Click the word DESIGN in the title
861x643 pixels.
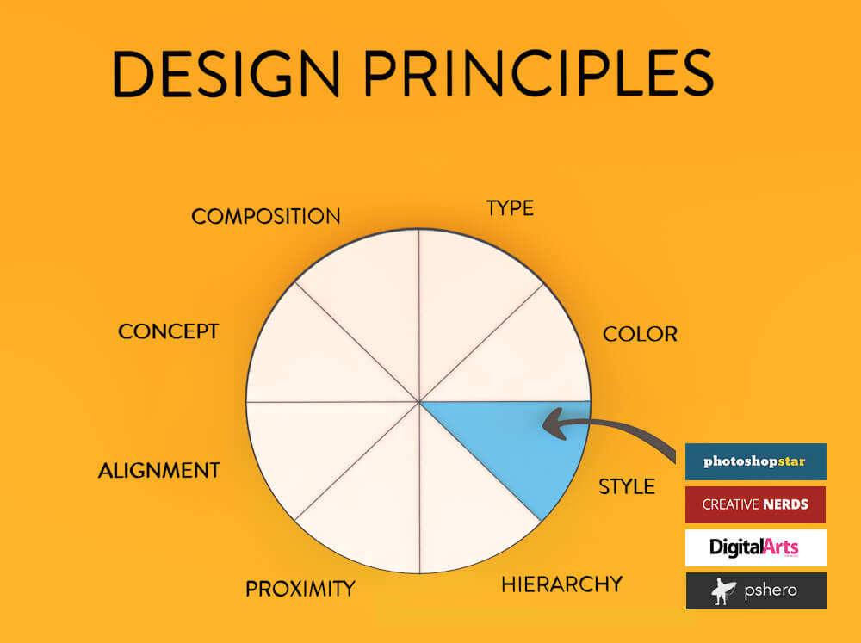226,73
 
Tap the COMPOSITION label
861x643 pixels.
265,216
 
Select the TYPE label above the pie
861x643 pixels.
510,208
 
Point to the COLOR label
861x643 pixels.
640,334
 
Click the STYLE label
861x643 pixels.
627,486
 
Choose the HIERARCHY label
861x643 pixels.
561,584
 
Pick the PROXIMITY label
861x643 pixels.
300,589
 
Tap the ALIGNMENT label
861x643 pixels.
158,471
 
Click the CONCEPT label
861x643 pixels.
168,331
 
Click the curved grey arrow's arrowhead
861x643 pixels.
551,423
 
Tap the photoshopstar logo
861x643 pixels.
755,461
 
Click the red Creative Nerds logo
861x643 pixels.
755,504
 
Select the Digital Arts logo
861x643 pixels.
755,547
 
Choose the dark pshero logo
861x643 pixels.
755,590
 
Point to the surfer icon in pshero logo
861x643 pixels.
722,590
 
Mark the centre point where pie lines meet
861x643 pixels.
418,401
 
